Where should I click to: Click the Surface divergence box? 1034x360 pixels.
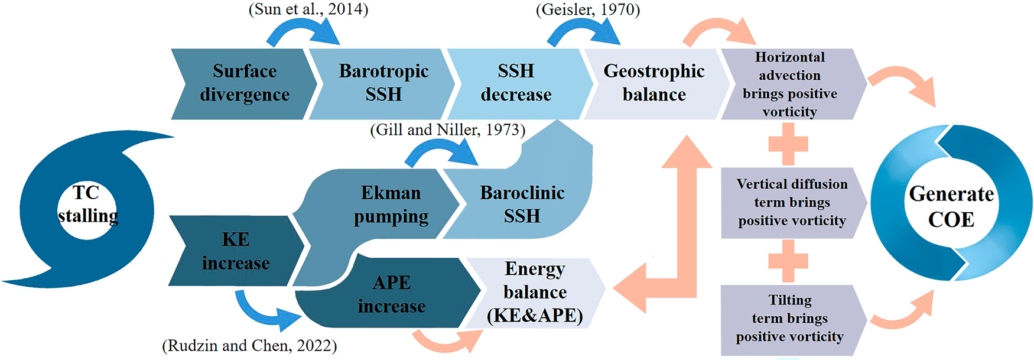pyautogui.click(x=245, y=83)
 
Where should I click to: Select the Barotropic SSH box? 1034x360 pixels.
pyautogui.click(x=383, y=83)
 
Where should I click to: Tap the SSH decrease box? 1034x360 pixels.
pyautogui.click(x=516, y=83)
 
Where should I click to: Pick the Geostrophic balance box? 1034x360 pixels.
pyautogui.click(x=654, y=83)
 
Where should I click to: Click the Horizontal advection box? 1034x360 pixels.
pyautogui.click(x=790, y=85)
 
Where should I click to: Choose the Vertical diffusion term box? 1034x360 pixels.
pyautogui.click(x=792, y=203)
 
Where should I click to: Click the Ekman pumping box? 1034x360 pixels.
pyautogui.click(x=391, y=205)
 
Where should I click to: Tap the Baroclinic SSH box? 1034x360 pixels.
pyautogui.click(x=522, y=205)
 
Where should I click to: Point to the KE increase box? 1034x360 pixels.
pyautogui.click(x=235, y=251)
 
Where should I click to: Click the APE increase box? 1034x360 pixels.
pyautogui.click(x=391, y=294)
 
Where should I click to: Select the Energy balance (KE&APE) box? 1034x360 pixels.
pyautogui.click(x=535, y=293)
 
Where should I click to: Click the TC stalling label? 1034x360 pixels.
pyautogui.click(x=87, y=205)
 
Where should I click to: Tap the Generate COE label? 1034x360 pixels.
pyautogui.click(x=951, y=206)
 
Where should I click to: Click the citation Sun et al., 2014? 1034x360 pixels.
pyautogui.click(x=308, y=10)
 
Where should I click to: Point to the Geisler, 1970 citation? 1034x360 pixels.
pyautogui.click(x=587, y=10)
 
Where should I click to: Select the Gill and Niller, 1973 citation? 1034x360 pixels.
pyautogui.click(x=447, y=129)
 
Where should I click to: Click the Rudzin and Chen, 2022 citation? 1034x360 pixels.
pyautogui.click(x=249, y=346)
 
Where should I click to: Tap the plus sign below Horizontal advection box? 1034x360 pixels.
pyautogui.click(x=788, y=144)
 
